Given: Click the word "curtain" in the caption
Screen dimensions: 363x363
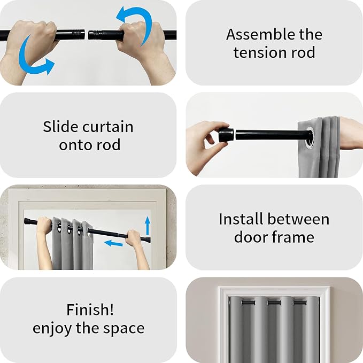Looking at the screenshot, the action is point(107,127).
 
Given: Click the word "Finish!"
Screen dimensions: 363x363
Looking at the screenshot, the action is point(90,310).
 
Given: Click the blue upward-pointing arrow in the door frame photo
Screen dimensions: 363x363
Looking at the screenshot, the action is point(148,226).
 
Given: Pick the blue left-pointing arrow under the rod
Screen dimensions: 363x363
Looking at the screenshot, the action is point(113,243).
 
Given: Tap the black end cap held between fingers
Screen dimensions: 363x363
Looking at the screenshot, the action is point(226,135).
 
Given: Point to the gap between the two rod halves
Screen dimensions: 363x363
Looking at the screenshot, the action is point(87,35).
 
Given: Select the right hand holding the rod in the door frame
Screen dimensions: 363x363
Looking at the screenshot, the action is point(134,238).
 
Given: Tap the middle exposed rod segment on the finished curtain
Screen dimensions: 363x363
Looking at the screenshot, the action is point(274,303).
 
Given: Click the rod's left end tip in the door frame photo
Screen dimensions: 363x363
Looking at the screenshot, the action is point(25,221).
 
